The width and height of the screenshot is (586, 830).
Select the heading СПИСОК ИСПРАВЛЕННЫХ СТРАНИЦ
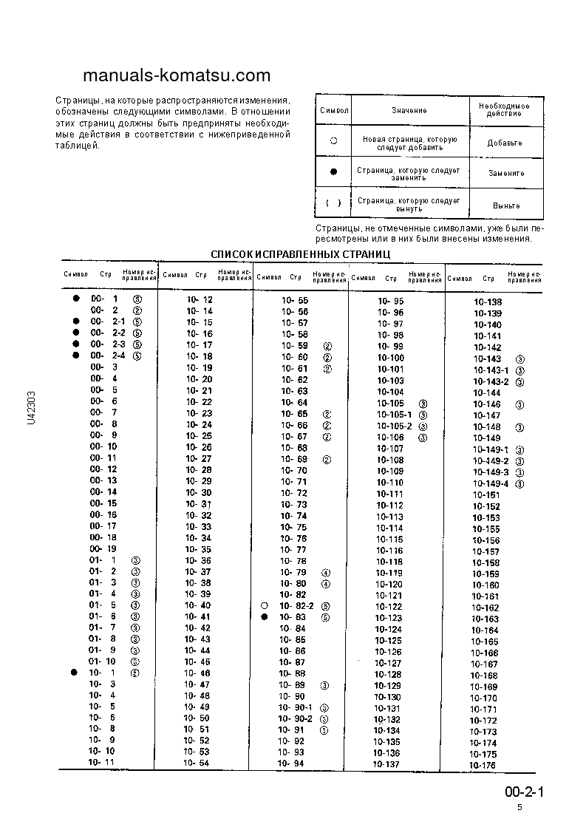pos(301,254)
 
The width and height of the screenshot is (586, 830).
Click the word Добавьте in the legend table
pos(505,143)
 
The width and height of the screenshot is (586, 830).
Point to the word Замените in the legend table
pos(506,173)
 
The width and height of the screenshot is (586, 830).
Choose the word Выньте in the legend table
pos(506,205)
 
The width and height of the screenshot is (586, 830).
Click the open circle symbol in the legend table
pos(334,140)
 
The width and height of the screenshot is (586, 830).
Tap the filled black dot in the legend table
pos(334,172)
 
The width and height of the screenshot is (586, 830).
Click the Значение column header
pos(409,110)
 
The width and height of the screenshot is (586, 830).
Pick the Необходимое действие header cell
pos(505,110)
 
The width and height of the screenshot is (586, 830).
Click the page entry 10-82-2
pos(296,606)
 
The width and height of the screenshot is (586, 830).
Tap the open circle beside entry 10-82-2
pos(264,606)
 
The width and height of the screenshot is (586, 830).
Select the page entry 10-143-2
pos(491,381)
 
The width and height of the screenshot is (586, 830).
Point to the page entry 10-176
pos(484,765)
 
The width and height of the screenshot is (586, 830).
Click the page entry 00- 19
pos(103,549)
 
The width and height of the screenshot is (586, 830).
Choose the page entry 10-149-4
pos(491,483)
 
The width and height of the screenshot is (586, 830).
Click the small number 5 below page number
pos(519,808)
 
